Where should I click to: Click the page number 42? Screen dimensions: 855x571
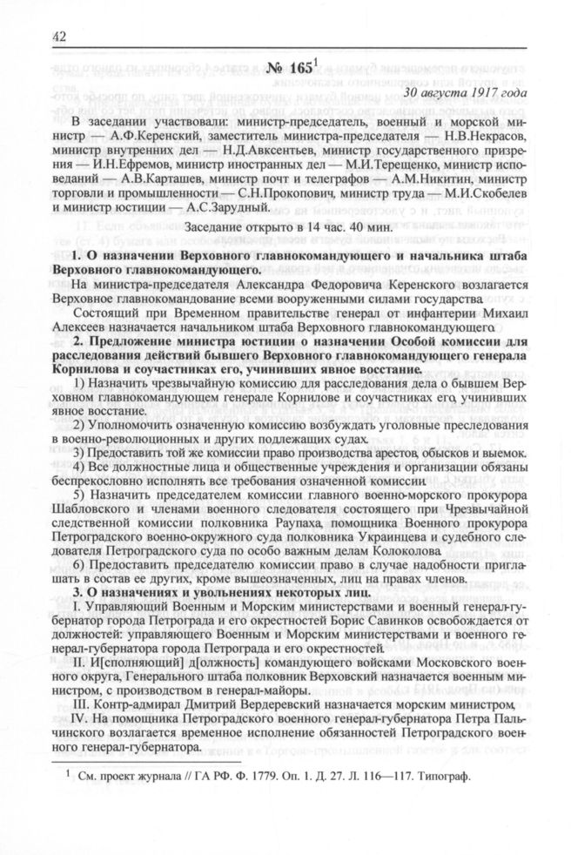[x=60, y=36]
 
